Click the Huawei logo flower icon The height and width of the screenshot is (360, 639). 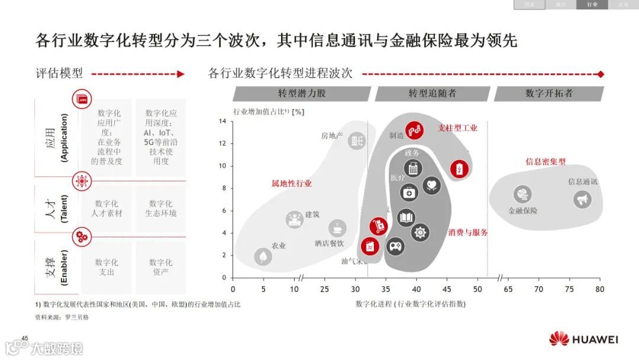pyautogui.click(x=559, y=339)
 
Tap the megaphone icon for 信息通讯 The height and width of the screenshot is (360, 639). pyautogui.click(x=582, y=200)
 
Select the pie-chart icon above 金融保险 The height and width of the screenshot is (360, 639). pyautogui.click(x=522, y=194)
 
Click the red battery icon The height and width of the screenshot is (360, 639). pyautogui.click(x=459, y=169)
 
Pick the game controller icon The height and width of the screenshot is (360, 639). pyautogui.click(x=395, y=245)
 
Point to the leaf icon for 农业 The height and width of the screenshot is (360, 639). pyautogui.click(x=263, y=256)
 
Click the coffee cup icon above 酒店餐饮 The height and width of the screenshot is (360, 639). pyautogui.click(x=338, y=227)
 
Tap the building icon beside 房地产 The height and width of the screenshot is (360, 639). pyautogui.click(x=357, y=140)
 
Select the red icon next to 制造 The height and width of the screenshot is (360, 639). pyautogui.click(x=414, y=130)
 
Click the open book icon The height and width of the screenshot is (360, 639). pyautogui.click(x=406, y=218)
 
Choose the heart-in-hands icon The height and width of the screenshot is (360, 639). pyautogui.click(x=432, y=185)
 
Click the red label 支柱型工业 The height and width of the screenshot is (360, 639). pyautogui.click(x=457, y=127)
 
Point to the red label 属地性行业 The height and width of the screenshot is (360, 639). pyautogui.click(x=291, y=184)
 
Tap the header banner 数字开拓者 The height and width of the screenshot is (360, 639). pyautogui.click(x=548, y=94)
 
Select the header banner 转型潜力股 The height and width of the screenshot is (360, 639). pyautogui.click(x=302, y=94)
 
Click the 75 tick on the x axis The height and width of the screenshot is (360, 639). pyautogui.click(x=569, y=289)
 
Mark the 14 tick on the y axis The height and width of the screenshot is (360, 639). pyautogui.click(x=223, y=121)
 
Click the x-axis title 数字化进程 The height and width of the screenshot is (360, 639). pyautogui.click(x=410, y=304)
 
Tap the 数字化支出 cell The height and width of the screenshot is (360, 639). pyautogui.click(x=106, y=267)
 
